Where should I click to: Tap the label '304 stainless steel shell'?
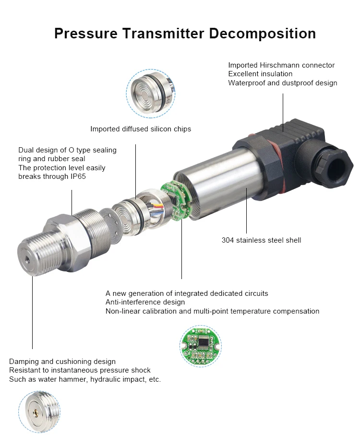coord(261,240)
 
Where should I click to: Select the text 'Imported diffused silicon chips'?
coord(141,129)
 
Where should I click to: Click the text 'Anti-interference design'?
coord(145,302)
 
